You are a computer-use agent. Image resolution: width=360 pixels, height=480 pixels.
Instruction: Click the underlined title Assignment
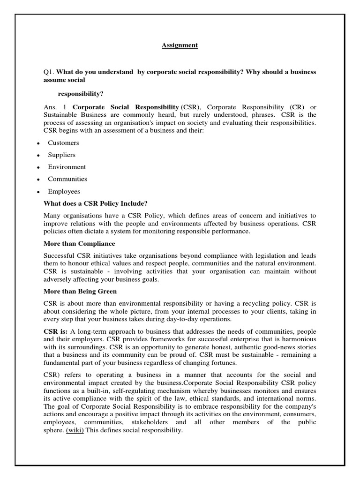tap(180, 45)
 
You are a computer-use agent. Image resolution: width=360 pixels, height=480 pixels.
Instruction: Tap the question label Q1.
tap(49, 72)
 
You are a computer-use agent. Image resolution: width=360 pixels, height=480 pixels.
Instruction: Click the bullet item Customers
tap(63, 143)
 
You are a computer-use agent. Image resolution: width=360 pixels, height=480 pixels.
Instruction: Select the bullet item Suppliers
tap(61, 155)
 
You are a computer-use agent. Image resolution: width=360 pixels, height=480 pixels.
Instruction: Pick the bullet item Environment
tap(67, 167)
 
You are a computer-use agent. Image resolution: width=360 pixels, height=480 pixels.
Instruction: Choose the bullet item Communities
tap(67, 179)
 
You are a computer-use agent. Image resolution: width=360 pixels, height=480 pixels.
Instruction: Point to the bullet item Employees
tap(64, 191)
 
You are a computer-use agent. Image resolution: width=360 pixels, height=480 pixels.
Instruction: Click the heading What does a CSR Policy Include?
tap(96, 203)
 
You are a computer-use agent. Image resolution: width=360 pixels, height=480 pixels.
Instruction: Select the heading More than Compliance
tap(79, 244)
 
